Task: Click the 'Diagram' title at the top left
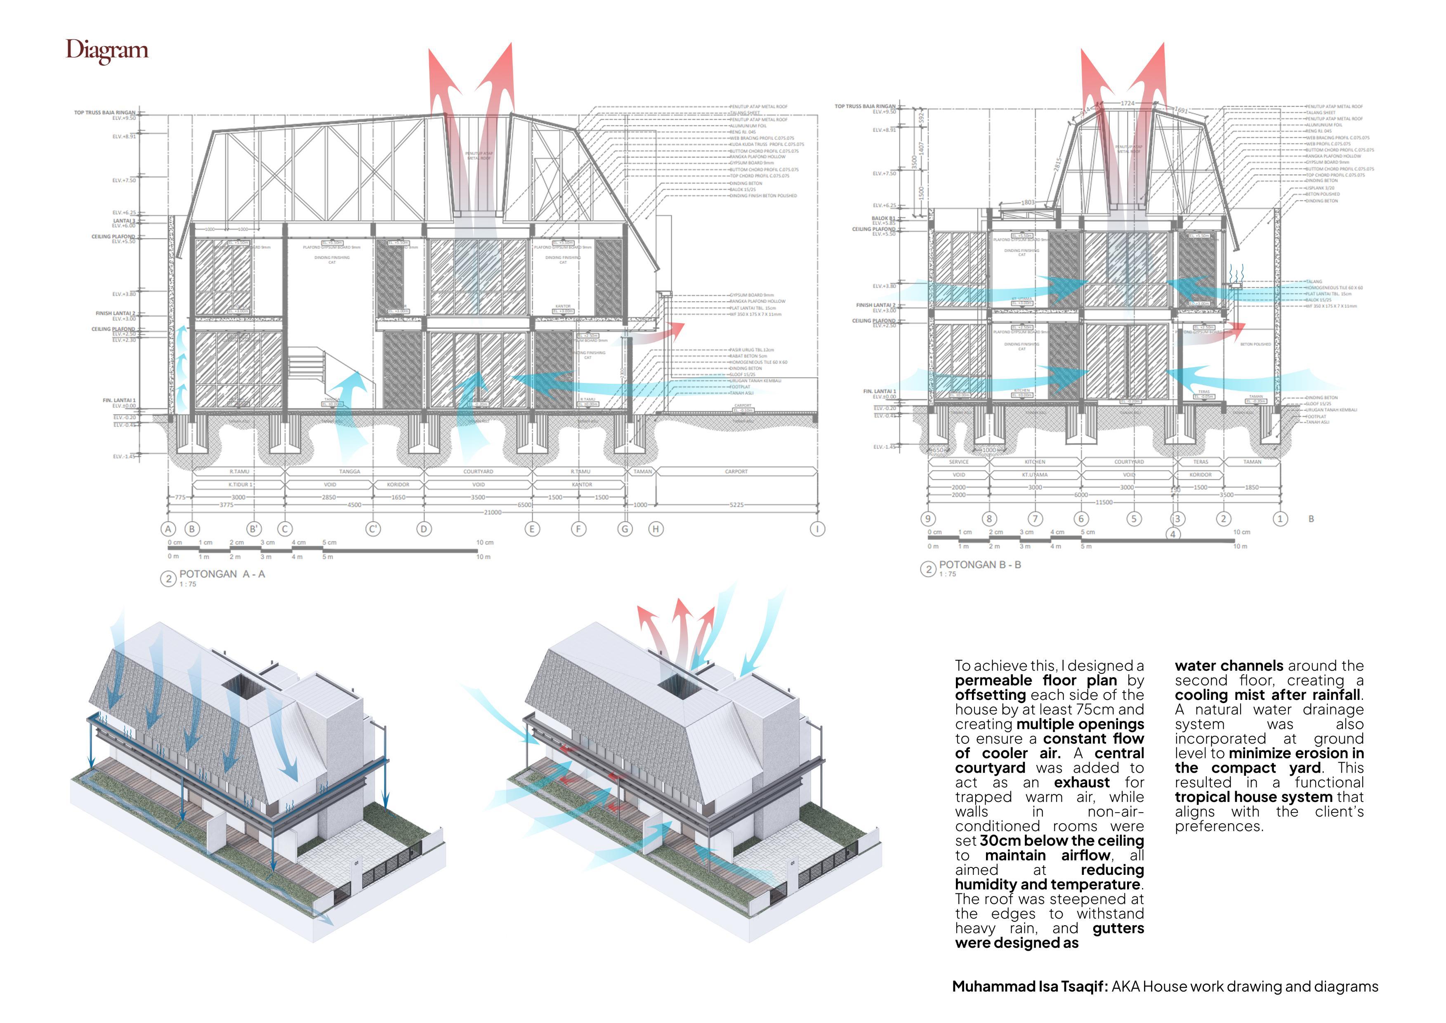click(107, 50)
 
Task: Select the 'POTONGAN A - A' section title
click(222, 574)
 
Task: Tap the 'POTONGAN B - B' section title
click(980, 565)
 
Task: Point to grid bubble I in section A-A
click(817, 529)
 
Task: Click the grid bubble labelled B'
click(253, 529)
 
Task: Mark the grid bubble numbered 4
click(1172, 534)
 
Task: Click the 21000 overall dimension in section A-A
click(493, 512)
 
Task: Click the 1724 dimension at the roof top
click(1128, 103)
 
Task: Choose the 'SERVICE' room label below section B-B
click(958, 462)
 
